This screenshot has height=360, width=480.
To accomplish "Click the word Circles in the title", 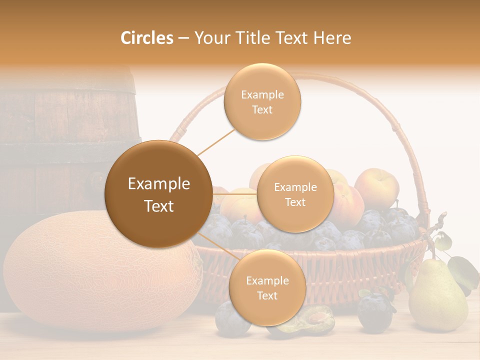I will point(147,38).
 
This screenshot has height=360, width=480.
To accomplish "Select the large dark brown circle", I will point(158,194).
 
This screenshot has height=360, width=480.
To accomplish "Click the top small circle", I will point(262,101).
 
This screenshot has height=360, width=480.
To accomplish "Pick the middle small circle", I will point(295,194).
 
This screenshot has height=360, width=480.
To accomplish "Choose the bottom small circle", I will point(267,287).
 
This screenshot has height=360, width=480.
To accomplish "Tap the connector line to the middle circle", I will point(235,193).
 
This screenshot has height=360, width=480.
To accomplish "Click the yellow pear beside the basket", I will point(437,297).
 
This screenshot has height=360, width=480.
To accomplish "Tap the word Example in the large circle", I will point(159,184).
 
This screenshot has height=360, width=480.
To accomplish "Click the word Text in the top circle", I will point(262,109).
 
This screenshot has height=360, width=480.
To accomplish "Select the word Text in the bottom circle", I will point(267,295).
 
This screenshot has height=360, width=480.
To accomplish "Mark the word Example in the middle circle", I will point(295,187).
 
